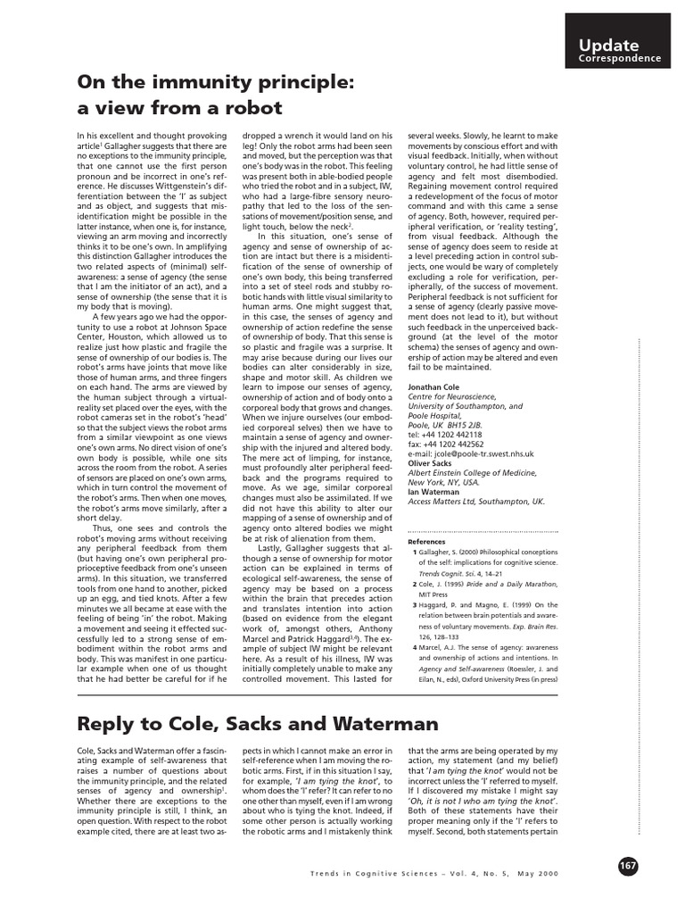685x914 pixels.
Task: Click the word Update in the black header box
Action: tap(608, 45)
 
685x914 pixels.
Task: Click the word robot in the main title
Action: tap(251, 108)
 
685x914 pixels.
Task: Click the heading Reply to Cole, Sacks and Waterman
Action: tap(258, 723)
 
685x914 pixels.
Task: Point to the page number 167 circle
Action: tap(628, 867)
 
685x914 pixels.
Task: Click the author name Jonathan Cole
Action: tap(437, 387)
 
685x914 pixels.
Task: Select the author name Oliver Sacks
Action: tap(431, 462)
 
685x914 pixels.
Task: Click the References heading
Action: tap(425, 542)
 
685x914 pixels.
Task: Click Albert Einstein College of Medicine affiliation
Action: tap(472, 472)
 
